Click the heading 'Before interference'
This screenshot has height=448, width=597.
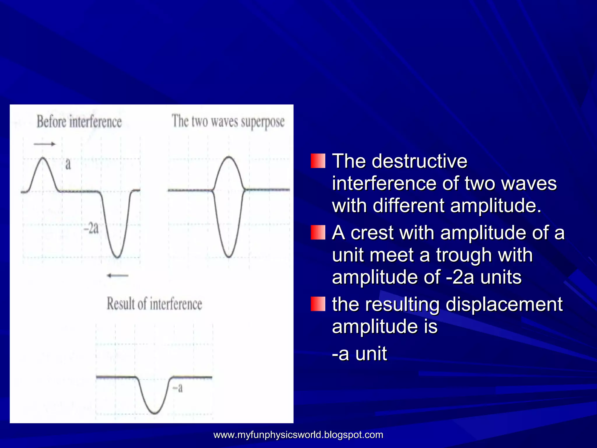(x=79, y=122)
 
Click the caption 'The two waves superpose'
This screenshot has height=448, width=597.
(x=228, y=121)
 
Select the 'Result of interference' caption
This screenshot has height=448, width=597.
(x=154, y=304)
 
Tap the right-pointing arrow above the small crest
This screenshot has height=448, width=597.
(x=44, y=144)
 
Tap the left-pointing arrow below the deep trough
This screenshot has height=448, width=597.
(x=117, y=275)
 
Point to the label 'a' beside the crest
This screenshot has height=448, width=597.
(x=68, y=164)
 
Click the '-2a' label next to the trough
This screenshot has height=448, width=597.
(x=91, y=228)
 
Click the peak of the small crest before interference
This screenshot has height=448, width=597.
(x=43, y=158)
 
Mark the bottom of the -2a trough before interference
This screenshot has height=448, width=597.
(x=117, y=257)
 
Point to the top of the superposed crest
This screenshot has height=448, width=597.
(x=229, y=157)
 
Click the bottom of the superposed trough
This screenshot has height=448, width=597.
(x=229, y=257)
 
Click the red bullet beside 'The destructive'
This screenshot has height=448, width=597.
(x=318, y=161)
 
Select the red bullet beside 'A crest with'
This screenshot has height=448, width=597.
(x=318, y=232)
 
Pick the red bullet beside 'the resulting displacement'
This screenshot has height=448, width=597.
(x=318, y=304)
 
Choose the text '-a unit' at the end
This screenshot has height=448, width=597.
(x=359, y=353)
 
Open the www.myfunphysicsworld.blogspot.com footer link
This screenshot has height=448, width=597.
(x=298, y=435)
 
